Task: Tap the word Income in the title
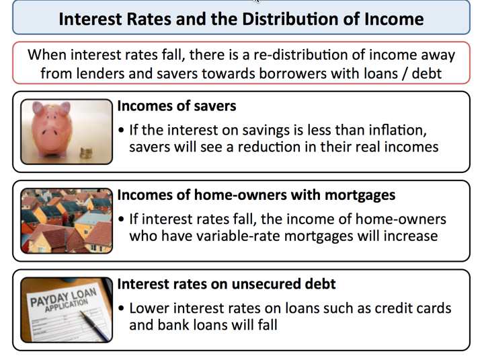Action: (394, 19)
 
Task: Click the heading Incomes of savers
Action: (177, 106)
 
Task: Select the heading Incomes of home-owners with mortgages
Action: (256, 195)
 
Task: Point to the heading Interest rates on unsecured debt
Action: (227, 284)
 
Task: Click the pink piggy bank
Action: (52, 129)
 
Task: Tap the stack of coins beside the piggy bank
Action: (86, 153)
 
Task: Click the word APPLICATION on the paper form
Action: (67, 305)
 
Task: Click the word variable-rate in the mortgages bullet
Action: (237, 236)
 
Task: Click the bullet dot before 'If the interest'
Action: (121, 131)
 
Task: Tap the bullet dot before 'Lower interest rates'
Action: (121, 308)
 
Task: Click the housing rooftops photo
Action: (67, 221)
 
